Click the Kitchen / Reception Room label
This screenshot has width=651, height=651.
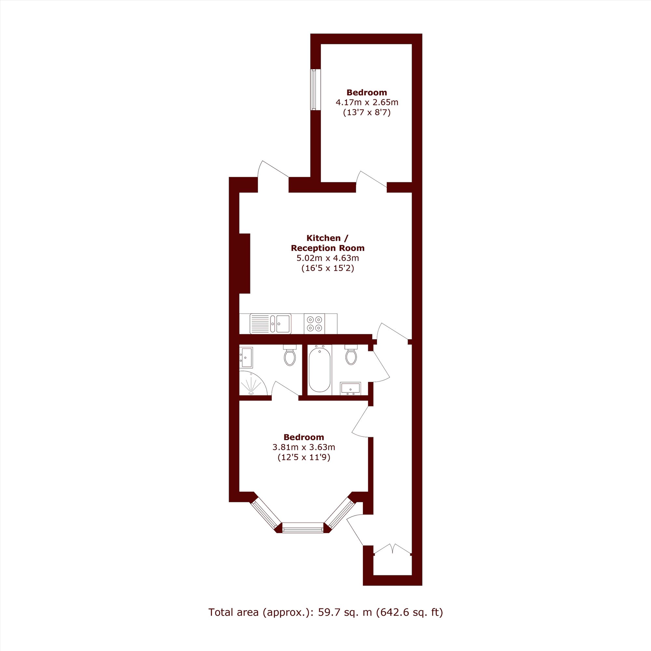(x=327, y=243)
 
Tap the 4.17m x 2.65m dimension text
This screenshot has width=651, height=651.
(x=367, y=102)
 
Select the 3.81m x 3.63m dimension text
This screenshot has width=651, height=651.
(x=304, y=448)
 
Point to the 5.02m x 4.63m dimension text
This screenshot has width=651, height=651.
(x=327, y=258)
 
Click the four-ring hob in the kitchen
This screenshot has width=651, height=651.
(x=314, y=324)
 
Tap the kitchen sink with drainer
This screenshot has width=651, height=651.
(x=270, y=324)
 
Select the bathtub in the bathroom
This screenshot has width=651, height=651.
(x=319, y=370)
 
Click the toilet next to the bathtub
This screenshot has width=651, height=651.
(x=351, y=354)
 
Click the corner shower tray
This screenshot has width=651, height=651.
(x=253, y=383)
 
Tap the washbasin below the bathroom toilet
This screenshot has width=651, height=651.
(x=351, y=388)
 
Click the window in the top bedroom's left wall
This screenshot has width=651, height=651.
(x=314, y=90)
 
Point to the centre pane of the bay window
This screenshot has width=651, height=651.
(x=302, y=527)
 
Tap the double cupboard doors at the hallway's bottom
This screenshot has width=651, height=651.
(x=393, y=548)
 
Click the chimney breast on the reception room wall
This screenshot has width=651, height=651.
(x=244, y=263)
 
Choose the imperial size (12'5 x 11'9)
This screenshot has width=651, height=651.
(x=304, y=458)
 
